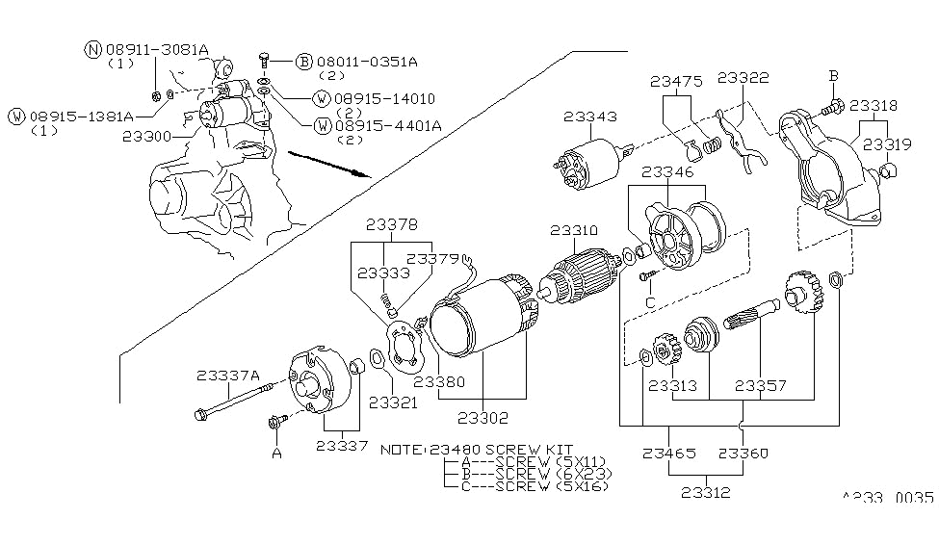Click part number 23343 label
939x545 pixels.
click(x=590, y=117)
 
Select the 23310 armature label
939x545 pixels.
click(x=574, y=231)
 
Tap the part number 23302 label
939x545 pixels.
click(x=483, y=418)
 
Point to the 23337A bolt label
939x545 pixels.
click(x=228, y=376)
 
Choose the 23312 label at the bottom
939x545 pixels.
click(x=704, y=493)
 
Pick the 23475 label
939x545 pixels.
click(x=676, y=83)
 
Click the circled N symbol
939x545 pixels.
click(x=92, y=49)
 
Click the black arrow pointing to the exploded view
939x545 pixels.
click(x=327, y=163)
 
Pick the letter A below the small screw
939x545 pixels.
click(x=276, y=453)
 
